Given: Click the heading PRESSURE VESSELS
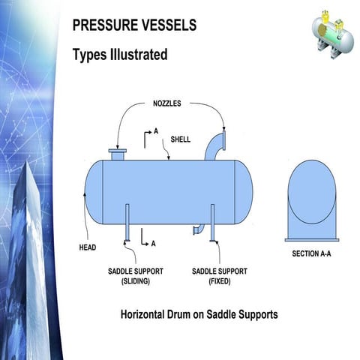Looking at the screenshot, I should [134, 25].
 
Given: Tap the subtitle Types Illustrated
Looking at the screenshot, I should [119, 55].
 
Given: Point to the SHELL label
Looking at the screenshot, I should [181, 139].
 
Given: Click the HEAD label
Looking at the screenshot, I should [88, 247].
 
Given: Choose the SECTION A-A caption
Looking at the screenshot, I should [311, 254].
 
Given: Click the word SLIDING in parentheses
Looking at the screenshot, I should [136, 282].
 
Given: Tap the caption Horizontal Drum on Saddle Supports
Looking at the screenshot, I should [199, 314].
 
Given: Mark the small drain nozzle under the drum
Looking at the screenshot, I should [197, 229].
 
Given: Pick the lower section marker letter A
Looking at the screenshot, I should [153, 243].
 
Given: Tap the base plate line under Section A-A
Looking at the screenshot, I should [312, 240].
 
